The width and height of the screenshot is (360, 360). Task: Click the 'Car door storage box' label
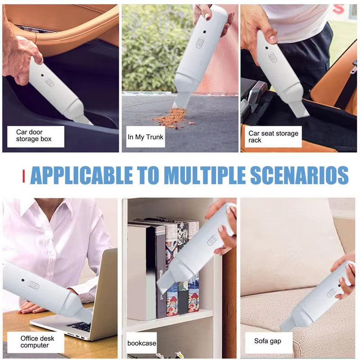click(x=34, y=135)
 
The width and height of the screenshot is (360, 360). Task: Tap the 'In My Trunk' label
click(x=145, y=137)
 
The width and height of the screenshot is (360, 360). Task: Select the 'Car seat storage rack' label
click(x=273, y=136)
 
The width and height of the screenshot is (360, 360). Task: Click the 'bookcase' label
click(x=142, y=343)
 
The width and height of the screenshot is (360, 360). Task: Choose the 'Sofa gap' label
click(x=267, y=341)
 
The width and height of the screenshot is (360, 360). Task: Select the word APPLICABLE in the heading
click(x=81, y=175)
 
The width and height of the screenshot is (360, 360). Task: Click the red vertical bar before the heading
click(x=23, y=175)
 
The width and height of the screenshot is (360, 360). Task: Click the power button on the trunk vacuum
click(x=200, y=43)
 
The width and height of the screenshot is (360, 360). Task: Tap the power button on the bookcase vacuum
click(x=212, y=241)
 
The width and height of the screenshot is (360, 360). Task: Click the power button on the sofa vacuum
click(x=331, y=292)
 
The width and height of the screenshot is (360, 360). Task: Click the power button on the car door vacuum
click(x=49, y=82)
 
